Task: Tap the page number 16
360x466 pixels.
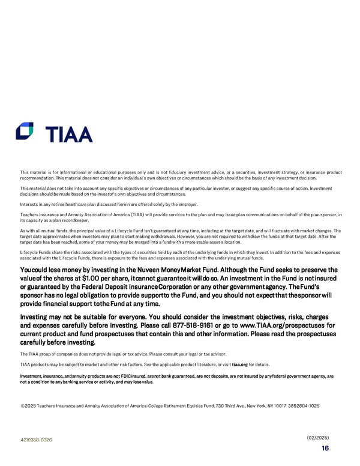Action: tap(325, 447)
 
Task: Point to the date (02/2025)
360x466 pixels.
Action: tap(317, 437)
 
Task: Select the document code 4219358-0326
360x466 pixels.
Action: tap(35, 440)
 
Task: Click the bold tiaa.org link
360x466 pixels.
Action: tap(240, 365)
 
